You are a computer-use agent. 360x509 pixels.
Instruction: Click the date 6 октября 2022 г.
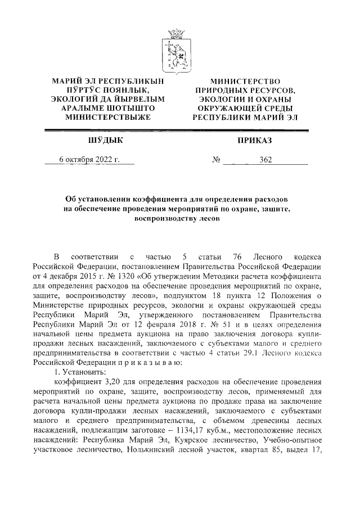(x=89, y=160)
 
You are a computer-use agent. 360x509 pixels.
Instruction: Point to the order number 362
(x=265, y=160)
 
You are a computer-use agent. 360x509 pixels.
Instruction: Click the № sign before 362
(x=215, y=160)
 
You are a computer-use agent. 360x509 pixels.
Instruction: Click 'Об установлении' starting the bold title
(x=101, y=200)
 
